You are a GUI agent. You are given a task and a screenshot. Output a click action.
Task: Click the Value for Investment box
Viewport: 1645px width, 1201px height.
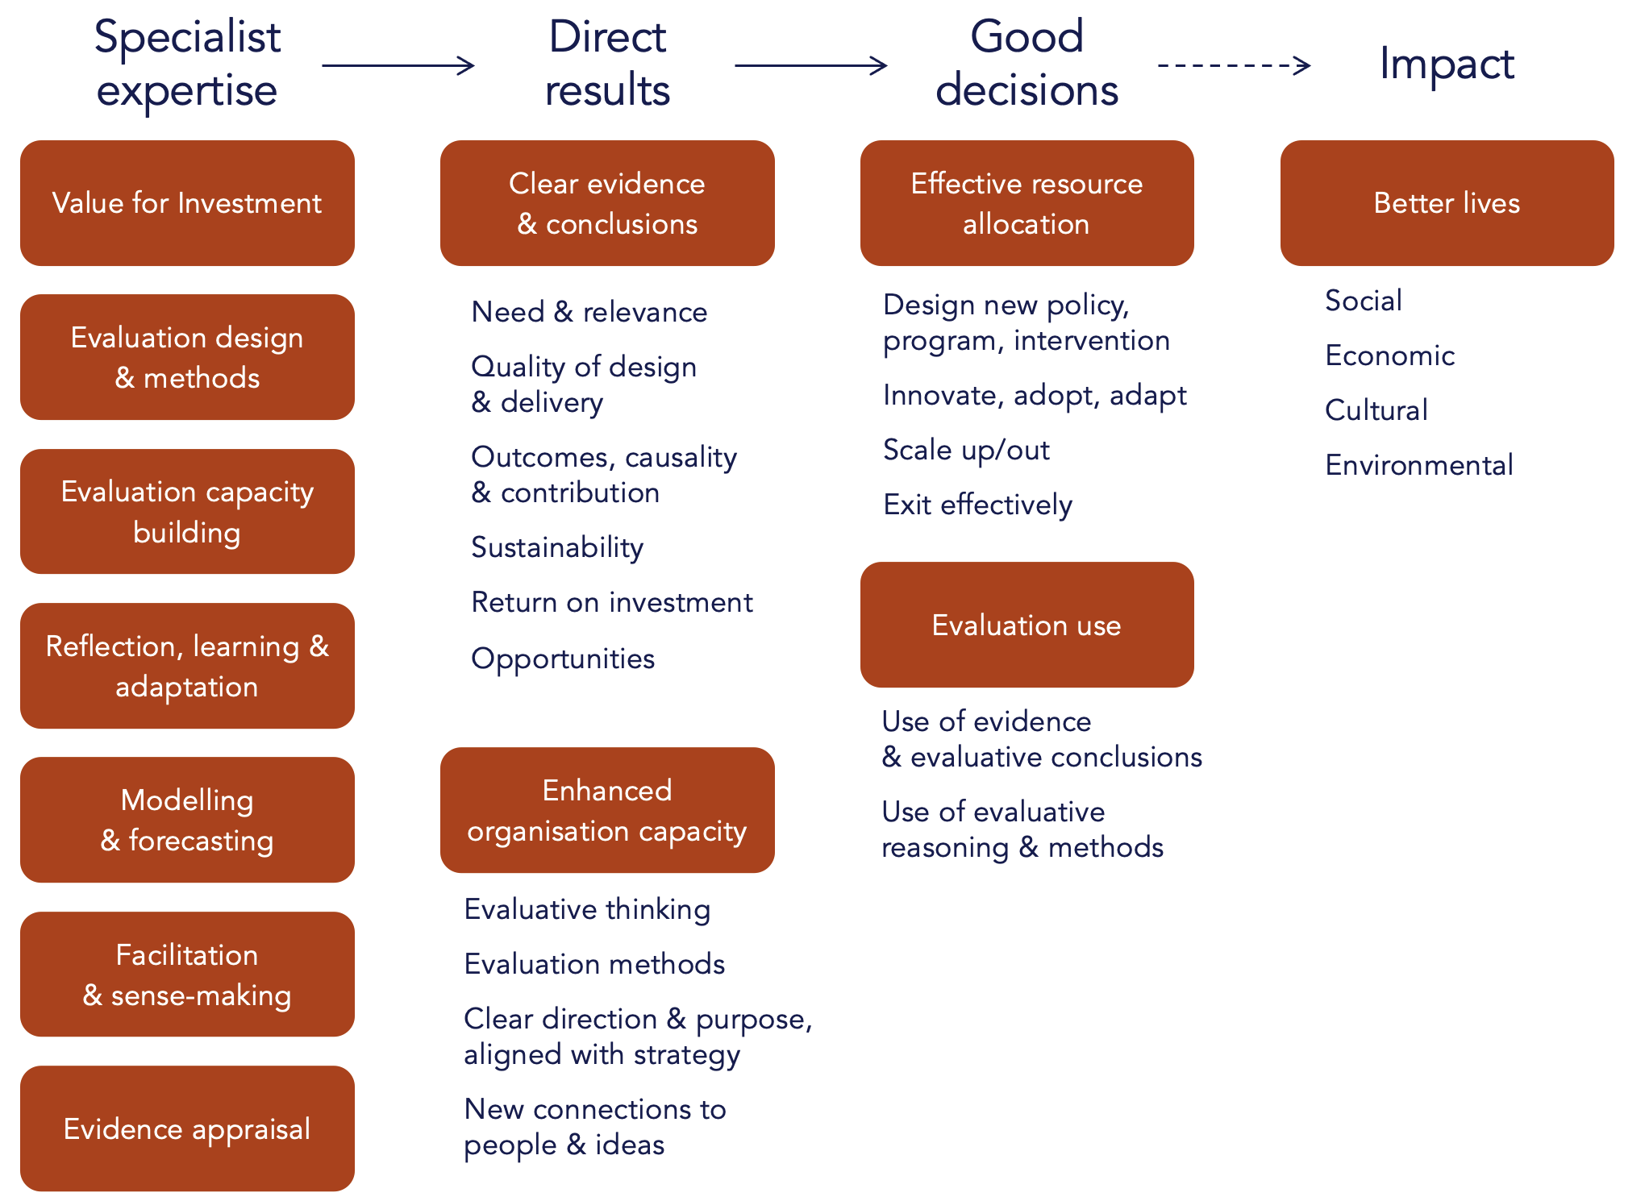(x=187, y=203)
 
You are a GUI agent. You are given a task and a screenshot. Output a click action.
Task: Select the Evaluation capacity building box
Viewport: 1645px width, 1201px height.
(x=187, y=512)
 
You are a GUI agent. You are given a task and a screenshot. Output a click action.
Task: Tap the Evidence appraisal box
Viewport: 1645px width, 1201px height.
(x=187, y=1128)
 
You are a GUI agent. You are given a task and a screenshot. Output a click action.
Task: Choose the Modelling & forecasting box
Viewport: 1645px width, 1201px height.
(x=187, y=820)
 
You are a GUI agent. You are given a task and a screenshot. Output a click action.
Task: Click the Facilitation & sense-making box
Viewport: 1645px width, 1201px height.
(x=187, y=975)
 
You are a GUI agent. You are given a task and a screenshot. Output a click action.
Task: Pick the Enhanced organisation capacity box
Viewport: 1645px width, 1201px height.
(x=607, y=810)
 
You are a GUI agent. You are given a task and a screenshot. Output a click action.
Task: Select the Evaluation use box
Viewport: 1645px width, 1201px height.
(x=1027, y=625)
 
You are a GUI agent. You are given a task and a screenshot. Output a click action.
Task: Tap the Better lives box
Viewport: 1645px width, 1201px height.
(x=1447, y=203)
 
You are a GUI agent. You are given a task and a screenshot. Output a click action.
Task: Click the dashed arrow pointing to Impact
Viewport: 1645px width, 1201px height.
(x=1234, y=65)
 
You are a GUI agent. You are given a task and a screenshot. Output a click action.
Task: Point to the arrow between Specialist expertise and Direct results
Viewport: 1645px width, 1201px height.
(x=398, y=65)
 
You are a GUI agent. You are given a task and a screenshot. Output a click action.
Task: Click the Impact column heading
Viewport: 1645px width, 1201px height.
(x=1447, y=64)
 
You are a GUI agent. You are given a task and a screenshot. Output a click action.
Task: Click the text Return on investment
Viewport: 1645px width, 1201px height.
(x=612, y=602)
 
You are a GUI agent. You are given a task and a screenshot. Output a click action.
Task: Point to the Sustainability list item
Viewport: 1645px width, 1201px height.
(x=557, y=547)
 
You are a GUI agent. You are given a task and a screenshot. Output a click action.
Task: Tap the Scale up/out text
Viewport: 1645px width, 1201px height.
(x=966, y=450)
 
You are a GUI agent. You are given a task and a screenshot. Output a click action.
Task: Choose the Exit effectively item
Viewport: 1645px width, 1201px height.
(x=977, y=505)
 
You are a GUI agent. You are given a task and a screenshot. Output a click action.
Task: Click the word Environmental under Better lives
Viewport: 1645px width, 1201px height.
(x=1419, y=465)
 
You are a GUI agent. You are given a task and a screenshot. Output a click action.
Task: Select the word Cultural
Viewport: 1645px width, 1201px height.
(x=1376, y=410)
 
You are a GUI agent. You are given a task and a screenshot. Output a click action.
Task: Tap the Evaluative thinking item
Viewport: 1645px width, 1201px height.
(x=587, y=909)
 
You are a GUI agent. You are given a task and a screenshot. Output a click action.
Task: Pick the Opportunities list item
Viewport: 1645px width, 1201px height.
(x=563, y=659)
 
